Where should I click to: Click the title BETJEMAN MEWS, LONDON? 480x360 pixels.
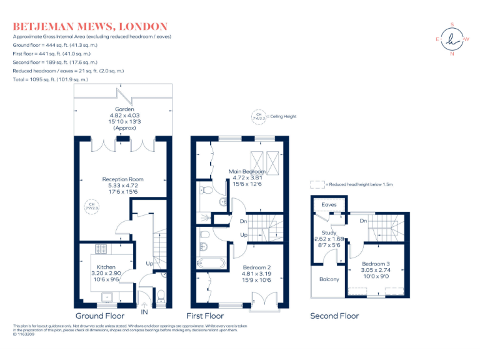tap(90, 26)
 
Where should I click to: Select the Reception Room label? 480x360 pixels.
tap(123, 179)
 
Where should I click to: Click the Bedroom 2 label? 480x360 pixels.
tap(257, 267)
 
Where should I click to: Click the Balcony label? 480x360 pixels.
tap(329, 279)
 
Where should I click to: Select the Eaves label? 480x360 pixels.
tap(329, 204)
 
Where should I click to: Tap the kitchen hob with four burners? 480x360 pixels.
tap(101, 249)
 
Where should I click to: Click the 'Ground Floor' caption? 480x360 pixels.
tap(99, 316)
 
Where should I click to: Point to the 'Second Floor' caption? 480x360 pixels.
tap(334, 316)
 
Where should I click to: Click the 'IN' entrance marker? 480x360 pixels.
tap(145, 311)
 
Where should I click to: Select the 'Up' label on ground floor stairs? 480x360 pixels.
tap(149, 263)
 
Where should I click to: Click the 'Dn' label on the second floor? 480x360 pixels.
tap(362, 221)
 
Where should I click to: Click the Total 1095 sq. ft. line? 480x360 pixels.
tap(51, 79)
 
